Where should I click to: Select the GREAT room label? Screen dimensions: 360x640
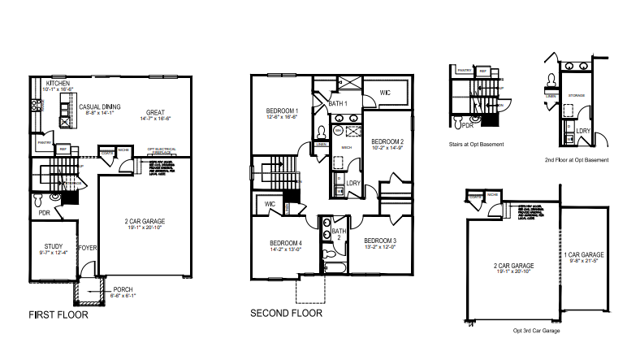point(156,112)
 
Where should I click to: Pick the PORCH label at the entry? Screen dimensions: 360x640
point(123,289)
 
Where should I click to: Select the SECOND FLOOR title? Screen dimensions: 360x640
point(286,313)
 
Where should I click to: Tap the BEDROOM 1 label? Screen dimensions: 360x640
point(283,111)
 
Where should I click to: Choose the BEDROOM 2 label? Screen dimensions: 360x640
point(387,141)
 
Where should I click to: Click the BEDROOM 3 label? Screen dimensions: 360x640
point(380,241)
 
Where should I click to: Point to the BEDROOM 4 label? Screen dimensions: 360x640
point(285,243)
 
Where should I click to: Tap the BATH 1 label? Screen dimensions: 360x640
point(338,104)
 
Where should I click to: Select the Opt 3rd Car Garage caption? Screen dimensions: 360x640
point(536,331)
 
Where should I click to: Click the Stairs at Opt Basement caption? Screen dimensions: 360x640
point(476,144)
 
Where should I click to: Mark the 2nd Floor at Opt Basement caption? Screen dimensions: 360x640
point(577,160)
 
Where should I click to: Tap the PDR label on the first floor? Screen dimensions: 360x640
point(45,213)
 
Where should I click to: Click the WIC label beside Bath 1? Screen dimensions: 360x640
point(386,93)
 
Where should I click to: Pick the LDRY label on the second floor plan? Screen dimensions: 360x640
point(353,184)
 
